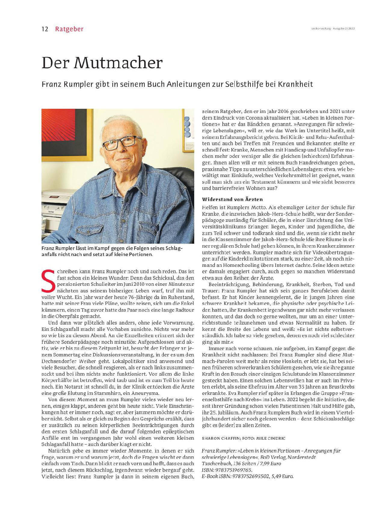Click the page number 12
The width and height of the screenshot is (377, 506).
tap(45, 29)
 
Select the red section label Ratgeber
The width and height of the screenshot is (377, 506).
tap(69, 29)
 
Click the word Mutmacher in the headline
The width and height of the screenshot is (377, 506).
tap(118, 63)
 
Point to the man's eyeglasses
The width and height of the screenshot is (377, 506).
tap(122, 143)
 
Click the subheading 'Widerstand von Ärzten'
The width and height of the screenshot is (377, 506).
tap(232, 199)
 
